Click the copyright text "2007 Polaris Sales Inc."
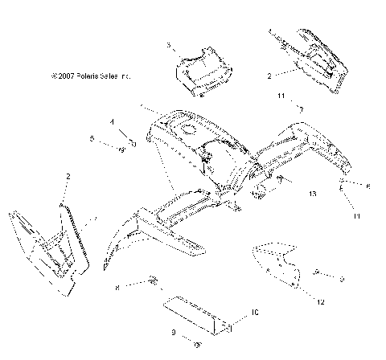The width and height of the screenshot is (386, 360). click(x=91, y=76)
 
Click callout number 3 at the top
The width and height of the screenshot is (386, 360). click(x=169, y=46)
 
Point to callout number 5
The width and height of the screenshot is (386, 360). click(x=92, y=138)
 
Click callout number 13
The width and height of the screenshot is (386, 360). click(x=312, y=194)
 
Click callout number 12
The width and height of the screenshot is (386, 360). click(x=321, y=302)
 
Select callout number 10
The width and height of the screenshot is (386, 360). click(x=254, y=310)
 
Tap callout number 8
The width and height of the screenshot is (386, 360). click(x=117, y=286)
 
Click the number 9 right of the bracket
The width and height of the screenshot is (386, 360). click(x=343, y=278)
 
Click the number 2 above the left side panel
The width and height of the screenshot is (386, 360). click(x=68, y=175)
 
